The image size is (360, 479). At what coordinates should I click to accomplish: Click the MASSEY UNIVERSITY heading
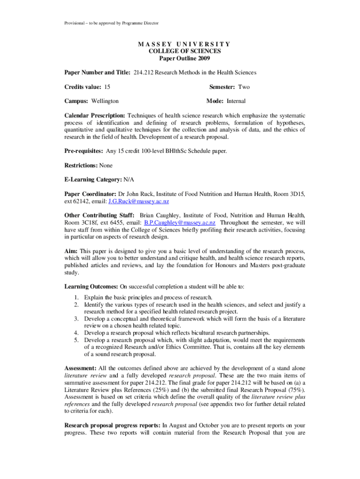coord(184,44)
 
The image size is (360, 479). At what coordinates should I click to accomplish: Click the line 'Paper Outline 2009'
coord(184,58)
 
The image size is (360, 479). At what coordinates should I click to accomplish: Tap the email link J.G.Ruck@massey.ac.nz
coord(138,201)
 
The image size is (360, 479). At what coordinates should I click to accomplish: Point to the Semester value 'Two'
coord(244,87)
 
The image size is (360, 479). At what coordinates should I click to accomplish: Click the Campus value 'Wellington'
coord(105,101)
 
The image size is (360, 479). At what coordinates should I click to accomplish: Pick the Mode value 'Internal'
coord(236,101)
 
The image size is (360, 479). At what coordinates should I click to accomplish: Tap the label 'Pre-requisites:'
coord(84,151)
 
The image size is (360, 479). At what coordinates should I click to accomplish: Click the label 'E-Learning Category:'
coord(93,179)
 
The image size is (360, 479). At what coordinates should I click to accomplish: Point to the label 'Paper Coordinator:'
coord(90,194)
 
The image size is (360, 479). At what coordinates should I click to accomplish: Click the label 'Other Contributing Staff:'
coord(97,215)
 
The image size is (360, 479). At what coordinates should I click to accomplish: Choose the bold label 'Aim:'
coord(71,251)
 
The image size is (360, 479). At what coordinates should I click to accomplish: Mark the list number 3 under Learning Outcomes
coord(76,319)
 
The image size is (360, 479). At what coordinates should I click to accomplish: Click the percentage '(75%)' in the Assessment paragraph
coord(296,390)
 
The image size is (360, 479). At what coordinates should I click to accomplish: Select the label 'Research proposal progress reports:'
coord(112,426)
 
